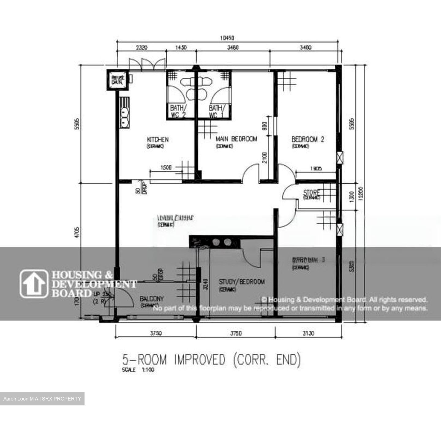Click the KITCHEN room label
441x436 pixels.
point(158,140)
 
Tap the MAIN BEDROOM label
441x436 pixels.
point(236,139)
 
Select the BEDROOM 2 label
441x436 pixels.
point(307,140)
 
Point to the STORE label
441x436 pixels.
point(312,193)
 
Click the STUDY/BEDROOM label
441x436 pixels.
point(242,281)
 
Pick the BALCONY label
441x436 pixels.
point(152,299)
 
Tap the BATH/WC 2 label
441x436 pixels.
point(178,111)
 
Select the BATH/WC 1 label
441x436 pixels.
point(217,111)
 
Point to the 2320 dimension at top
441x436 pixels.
point(141,47)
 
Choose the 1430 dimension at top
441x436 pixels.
point(181,47)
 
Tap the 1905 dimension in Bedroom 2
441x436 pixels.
point(316,168)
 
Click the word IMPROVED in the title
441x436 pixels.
point(200,360)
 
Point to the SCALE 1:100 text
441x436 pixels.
point(138,370)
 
